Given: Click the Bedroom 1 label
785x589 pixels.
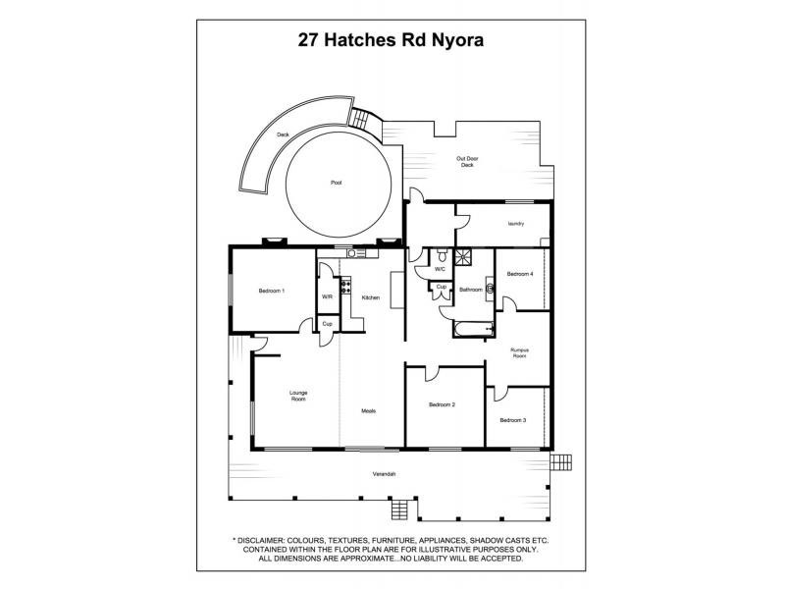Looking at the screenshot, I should (272, 291).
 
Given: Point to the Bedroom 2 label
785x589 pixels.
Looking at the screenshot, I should (442, 404).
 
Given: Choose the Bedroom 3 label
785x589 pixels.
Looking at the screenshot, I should (513, 420).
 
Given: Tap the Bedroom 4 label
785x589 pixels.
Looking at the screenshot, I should (520, 274).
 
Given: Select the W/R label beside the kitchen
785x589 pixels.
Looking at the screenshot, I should (327, 297).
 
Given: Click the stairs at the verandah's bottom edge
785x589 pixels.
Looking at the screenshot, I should (398, 509).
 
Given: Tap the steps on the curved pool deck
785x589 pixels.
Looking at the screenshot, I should (366, 119).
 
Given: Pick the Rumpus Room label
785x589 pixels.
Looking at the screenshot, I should (520, 352).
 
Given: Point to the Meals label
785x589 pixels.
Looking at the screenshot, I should (368, 410).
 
